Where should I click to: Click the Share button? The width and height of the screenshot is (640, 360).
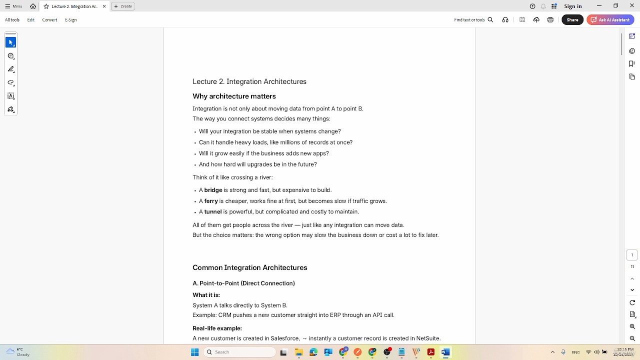(x=572, y=20)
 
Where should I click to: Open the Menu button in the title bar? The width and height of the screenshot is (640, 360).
(x=13, y=6)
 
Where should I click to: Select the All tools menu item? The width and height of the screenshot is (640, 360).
(x=12, y=20)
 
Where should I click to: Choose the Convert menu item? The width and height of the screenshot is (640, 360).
(x=49, y=20)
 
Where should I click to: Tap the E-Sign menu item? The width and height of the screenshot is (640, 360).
(x=71, y=20)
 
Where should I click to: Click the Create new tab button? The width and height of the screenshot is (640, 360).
(x=123, y=6)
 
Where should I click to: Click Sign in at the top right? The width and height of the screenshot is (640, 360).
(x=572, y=6)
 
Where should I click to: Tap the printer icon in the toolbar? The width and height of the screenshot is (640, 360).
(x=550, y=20)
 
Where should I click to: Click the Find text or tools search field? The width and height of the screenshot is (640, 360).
(x=469, y=20)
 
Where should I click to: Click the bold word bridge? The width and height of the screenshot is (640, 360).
(x=213, y=190)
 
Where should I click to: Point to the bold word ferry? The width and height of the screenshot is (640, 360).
(x=211, y=201)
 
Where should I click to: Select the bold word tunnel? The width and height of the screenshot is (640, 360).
(x=212, y=212)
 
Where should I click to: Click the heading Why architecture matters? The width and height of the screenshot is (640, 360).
(x=234, y=96)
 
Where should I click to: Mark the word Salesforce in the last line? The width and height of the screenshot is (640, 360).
(x=284, y=338)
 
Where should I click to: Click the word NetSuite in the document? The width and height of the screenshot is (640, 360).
(x=427, y=338)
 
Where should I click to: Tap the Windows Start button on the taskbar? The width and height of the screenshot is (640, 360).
(x=194, y=352)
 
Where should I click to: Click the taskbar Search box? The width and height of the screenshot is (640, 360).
(x=240, y=352)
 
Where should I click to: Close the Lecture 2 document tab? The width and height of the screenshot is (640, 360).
(x=104, y=6)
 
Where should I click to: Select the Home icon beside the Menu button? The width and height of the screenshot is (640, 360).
(x=33, y=6)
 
